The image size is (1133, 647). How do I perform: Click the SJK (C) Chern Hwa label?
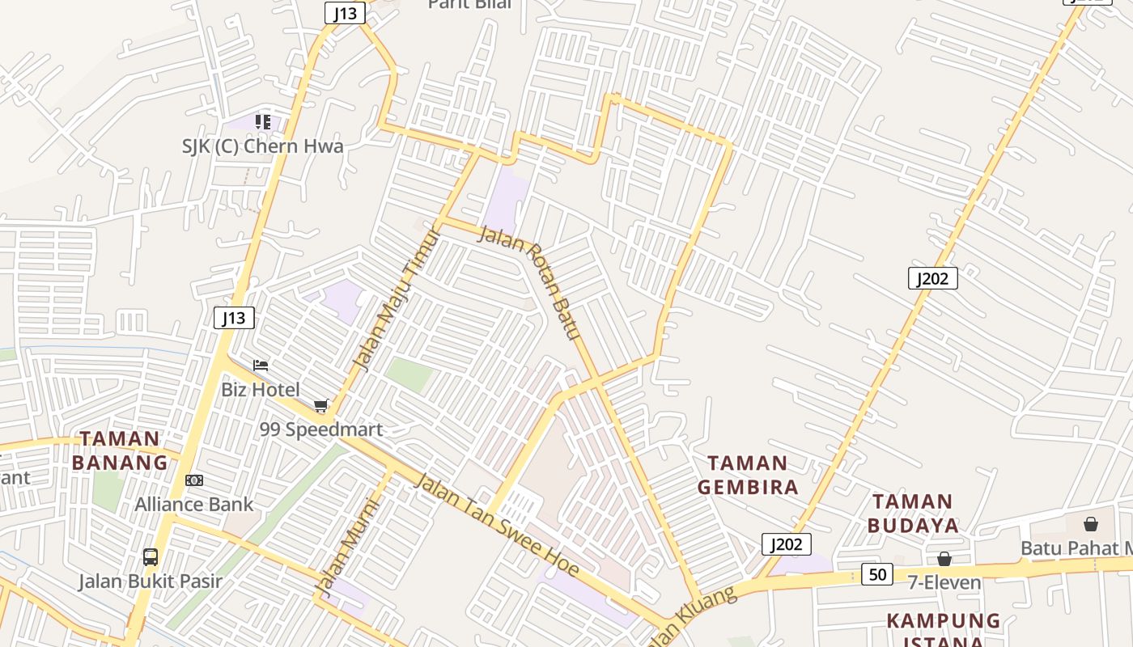(x=262, y=146)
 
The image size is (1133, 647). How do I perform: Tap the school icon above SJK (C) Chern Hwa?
(x=262, y=122)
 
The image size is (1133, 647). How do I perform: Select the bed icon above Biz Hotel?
(x=261, y=366)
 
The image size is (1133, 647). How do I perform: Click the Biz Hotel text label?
(x=261, y=390)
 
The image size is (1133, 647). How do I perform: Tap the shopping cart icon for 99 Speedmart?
(x=321, y=405)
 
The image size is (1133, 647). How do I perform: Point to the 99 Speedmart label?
(x=321, y=429)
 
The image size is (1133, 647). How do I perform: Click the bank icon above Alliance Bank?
(x=194, y=480)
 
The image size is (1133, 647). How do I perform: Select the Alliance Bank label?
(x=194, y=505)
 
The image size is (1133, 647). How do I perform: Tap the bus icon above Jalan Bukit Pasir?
(x=151, y=556)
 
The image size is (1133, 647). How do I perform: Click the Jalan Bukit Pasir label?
(x=151, y=581)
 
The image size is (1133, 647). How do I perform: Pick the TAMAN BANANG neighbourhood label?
(x=120, y=451)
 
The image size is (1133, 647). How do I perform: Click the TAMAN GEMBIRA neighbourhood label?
(x=748, y=475)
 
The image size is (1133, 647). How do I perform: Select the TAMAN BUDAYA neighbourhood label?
(x=913, y=514)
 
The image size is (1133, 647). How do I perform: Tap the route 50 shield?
(x=876, y=574)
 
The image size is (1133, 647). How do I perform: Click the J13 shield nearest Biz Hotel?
(x=234, y=318)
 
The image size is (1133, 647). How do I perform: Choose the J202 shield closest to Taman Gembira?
(x=786, y=544)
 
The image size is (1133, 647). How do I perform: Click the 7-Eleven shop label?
(x=944, y=582)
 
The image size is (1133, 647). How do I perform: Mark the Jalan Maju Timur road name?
(x=397, y=299)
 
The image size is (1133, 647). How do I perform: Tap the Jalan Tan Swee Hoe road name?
(x=497, y=526)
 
